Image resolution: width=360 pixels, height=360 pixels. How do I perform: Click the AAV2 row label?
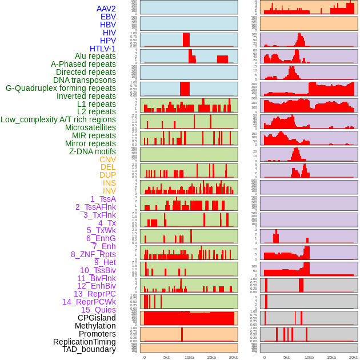[x=106, y=9]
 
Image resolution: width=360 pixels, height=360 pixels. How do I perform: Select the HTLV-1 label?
[x=103, y=49]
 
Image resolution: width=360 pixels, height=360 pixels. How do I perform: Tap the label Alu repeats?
[x=95, y=57]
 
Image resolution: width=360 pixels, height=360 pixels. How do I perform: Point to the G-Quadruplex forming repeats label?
[x=61, y=88]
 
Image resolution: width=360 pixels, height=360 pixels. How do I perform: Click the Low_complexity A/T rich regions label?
[x=58, y=119]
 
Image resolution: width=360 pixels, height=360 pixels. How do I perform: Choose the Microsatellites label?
[x=90, y=127]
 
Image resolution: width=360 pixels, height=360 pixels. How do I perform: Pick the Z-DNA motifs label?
[x=93, y=151]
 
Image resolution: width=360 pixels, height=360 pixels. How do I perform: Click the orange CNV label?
[x=107, y=159]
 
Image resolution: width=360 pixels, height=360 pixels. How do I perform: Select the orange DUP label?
[x=107, y=175]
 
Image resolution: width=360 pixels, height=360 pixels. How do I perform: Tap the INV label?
[x=109, y=191]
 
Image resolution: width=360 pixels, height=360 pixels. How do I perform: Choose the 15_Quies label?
[x=98, y=310]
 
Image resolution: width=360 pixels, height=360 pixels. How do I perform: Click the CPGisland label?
[x=97, y=318]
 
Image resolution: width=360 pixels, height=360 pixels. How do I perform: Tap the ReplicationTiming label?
[x=85, y=342]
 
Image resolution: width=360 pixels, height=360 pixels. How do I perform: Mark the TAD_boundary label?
[x=89, y=349]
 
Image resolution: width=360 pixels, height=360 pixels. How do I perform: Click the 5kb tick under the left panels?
[x=167, y=357]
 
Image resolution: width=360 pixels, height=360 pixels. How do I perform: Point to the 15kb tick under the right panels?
[x=331, y=357]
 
